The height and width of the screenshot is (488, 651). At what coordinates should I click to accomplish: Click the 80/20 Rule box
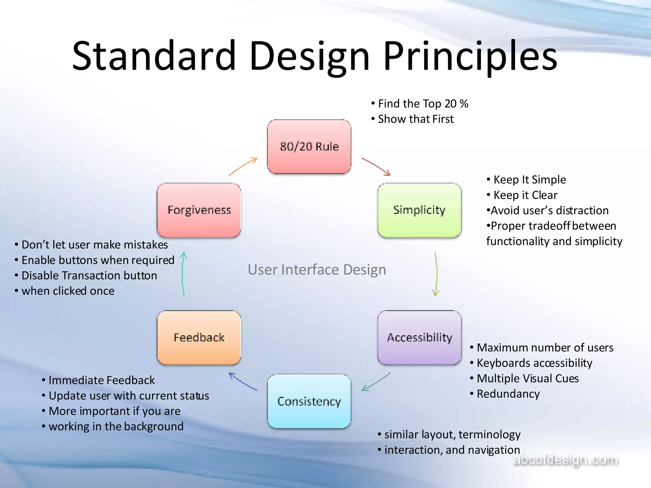309,146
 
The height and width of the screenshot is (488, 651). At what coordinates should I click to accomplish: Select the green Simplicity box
419,210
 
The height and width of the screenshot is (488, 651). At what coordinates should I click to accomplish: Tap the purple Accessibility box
419,337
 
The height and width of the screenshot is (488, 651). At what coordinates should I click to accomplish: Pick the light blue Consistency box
309,401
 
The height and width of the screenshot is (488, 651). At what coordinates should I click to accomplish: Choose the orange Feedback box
199,337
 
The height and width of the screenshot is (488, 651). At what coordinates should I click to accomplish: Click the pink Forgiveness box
199,210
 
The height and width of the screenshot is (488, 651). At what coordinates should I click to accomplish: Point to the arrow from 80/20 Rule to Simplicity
376,166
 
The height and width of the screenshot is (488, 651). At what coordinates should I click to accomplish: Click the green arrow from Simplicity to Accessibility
436,274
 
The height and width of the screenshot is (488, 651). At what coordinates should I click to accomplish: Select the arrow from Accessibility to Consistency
376,382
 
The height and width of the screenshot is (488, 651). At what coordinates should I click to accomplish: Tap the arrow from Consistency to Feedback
243,381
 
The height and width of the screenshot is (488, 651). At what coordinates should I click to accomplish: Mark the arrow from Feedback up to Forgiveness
183,274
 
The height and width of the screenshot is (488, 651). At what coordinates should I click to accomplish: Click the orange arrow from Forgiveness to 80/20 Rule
243,166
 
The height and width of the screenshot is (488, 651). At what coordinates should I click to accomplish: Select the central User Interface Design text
317,270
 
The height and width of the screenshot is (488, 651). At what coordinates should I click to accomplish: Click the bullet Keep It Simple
529,180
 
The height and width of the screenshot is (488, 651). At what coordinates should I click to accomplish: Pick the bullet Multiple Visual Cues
527,378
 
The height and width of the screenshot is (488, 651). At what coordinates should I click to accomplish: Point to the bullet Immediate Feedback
101,380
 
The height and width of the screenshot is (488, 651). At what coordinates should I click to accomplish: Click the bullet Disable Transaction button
89,275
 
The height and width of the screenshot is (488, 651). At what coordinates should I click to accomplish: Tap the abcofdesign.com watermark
566,460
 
